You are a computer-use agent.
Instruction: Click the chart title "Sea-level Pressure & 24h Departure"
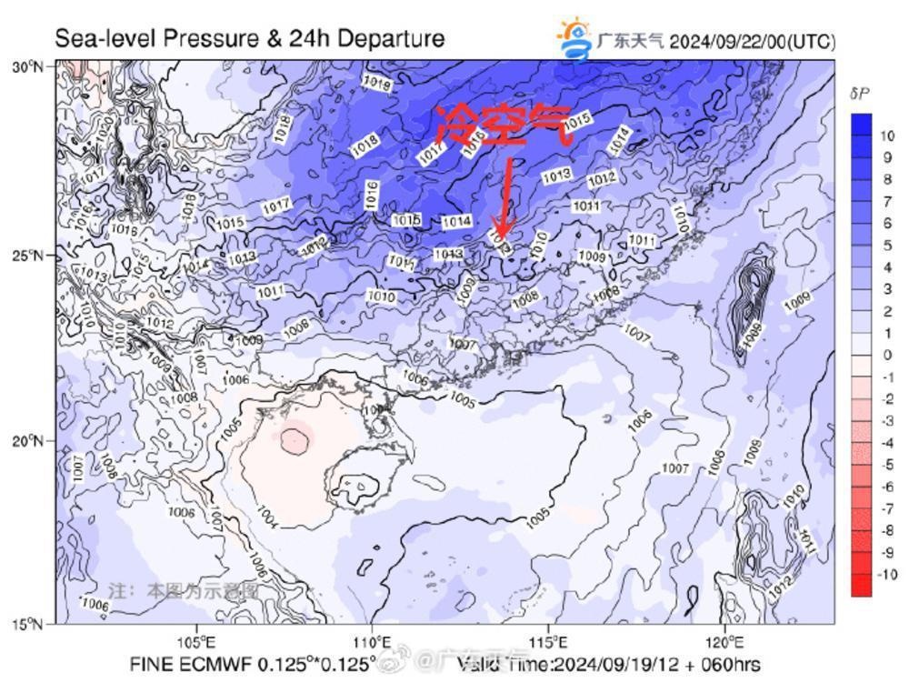[250, 39]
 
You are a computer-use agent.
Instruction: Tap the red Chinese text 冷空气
[504, 126]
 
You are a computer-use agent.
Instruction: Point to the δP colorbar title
[861, 94]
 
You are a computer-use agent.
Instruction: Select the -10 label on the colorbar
[886, 575]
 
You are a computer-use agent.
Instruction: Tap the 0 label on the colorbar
[887, 355]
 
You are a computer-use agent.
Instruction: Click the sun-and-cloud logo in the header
[574, 38]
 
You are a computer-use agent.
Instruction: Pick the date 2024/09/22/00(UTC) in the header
[752, 42]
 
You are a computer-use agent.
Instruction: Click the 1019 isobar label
[376, 84]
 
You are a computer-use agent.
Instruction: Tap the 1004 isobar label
[267, 517]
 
